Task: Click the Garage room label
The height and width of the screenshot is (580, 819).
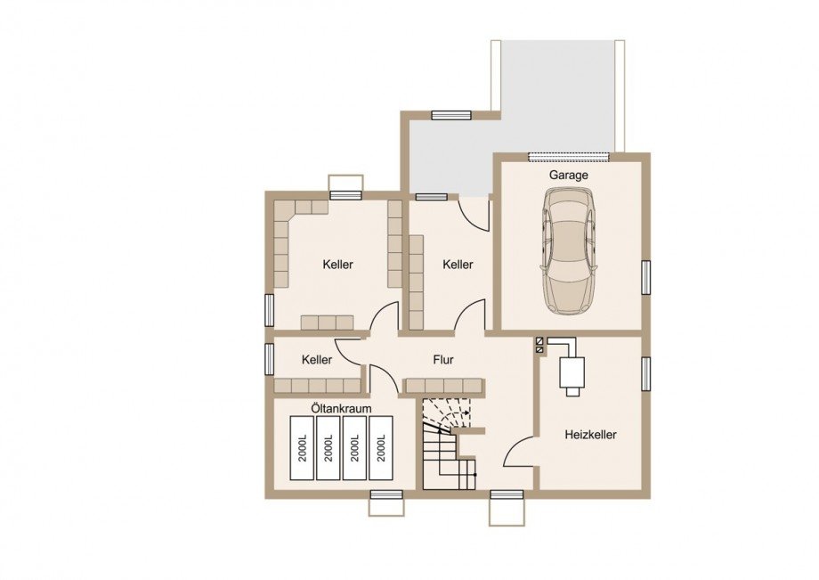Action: [x=568, y=175]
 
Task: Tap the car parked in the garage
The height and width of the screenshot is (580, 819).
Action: [x=568, y=250]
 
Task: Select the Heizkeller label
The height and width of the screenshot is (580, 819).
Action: [x=590, y=434]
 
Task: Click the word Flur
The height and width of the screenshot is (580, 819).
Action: [x=443, y=360]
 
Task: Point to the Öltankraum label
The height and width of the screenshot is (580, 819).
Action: [x=341, y=408]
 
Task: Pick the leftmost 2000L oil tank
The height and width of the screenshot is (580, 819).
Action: [x=303, y=448]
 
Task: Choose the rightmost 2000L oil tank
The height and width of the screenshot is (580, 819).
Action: [x=381, y=448]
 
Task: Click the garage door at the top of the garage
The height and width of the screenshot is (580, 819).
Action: [x=569, y=156]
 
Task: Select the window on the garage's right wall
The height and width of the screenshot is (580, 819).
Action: [x=646, y=276]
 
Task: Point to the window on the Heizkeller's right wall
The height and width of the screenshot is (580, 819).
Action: [x=646, y=373]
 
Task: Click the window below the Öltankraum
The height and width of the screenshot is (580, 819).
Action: [x=386, y=494]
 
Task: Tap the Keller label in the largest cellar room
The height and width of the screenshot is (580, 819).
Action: [x=337, y=265]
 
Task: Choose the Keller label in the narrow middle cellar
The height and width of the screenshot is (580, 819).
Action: [x=458, y=265]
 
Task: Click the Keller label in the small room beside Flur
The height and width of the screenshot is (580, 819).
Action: [x=317, y=360]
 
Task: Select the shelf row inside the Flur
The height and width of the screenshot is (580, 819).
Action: [x=444, y=386]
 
